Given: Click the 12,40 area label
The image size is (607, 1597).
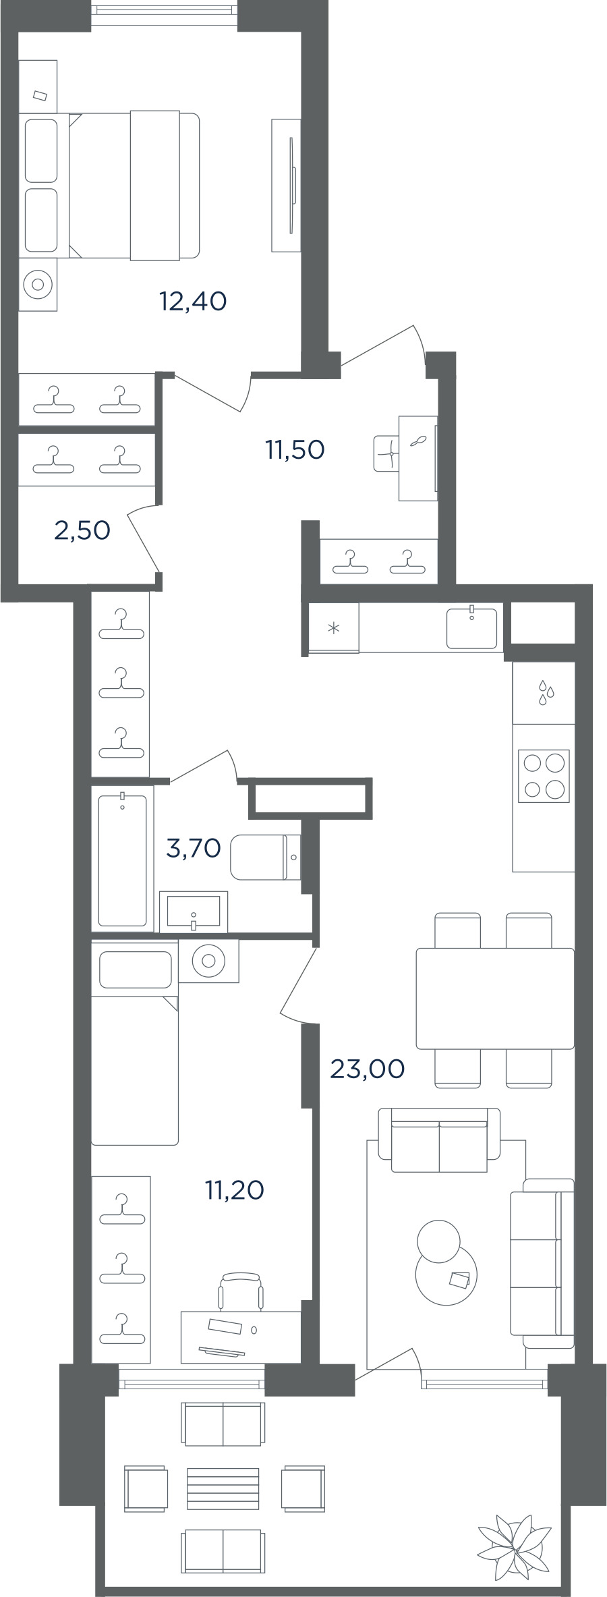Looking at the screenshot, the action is (193, 301).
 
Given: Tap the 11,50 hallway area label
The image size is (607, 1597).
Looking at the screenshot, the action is (295, 449).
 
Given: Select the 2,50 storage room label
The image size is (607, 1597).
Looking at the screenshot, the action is (82, 530).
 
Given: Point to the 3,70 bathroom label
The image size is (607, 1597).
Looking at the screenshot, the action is (194, 847).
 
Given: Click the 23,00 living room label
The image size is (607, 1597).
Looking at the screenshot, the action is (368, 1069).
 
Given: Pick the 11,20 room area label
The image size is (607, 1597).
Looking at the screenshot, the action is (235, 1190).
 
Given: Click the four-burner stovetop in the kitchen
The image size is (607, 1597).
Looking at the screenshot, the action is (544, 776).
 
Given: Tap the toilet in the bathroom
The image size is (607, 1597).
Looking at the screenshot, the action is (266, 857).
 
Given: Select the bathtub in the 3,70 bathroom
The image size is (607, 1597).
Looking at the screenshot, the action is (123, 860).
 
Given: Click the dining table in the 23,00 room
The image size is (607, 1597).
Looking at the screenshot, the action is (495, 999).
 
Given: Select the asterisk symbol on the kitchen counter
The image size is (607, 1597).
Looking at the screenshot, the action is (334, 628).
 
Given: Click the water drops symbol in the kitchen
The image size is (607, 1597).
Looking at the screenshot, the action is (546, 693).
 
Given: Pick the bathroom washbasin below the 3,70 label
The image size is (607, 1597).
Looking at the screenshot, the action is (194, 911).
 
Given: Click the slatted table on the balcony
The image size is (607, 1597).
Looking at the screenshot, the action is (223, 1488).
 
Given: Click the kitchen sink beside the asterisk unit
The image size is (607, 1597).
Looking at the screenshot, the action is (472, 627).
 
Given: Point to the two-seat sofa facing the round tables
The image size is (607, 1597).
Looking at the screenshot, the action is (439, 1140).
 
